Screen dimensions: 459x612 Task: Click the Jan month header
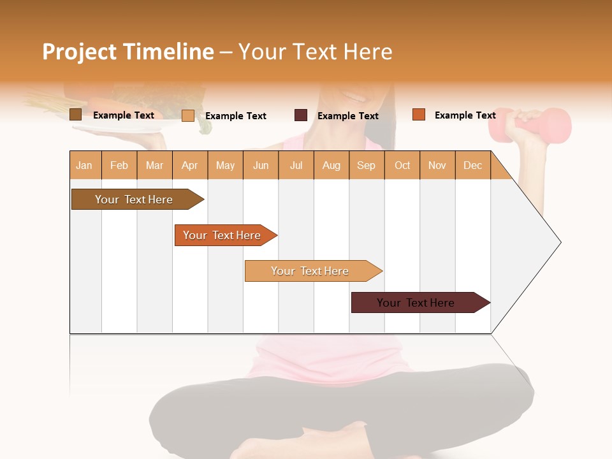click(84, 165)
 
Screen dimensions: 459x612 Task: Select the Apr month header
click(189, 165)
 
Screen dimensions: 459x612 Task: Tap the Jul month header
click(296, 165)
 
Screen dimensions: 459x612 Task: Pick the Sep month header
click(366, 165)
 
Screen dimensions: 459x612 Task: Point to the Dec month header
click(472, 165)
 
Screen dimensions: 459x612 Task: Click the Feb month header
click(119, 165)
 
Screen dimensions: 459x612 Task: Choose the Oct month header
click(402, 165)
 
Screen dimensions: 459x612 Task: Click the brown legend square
click(75, 115)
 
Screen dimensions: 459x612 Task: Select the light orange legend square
click(188, 115)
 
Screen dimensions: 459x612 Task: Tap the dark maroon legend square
click(301, 115)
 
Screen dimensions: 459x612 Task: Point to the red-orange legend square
click(418, 115)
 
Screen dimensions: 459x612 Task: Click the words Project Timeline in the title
click(127, 52)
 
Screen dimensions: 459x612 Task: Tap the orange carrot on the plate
click(102, 104)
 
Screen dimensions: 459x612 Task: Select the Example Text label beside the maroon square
click(347, 116)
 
